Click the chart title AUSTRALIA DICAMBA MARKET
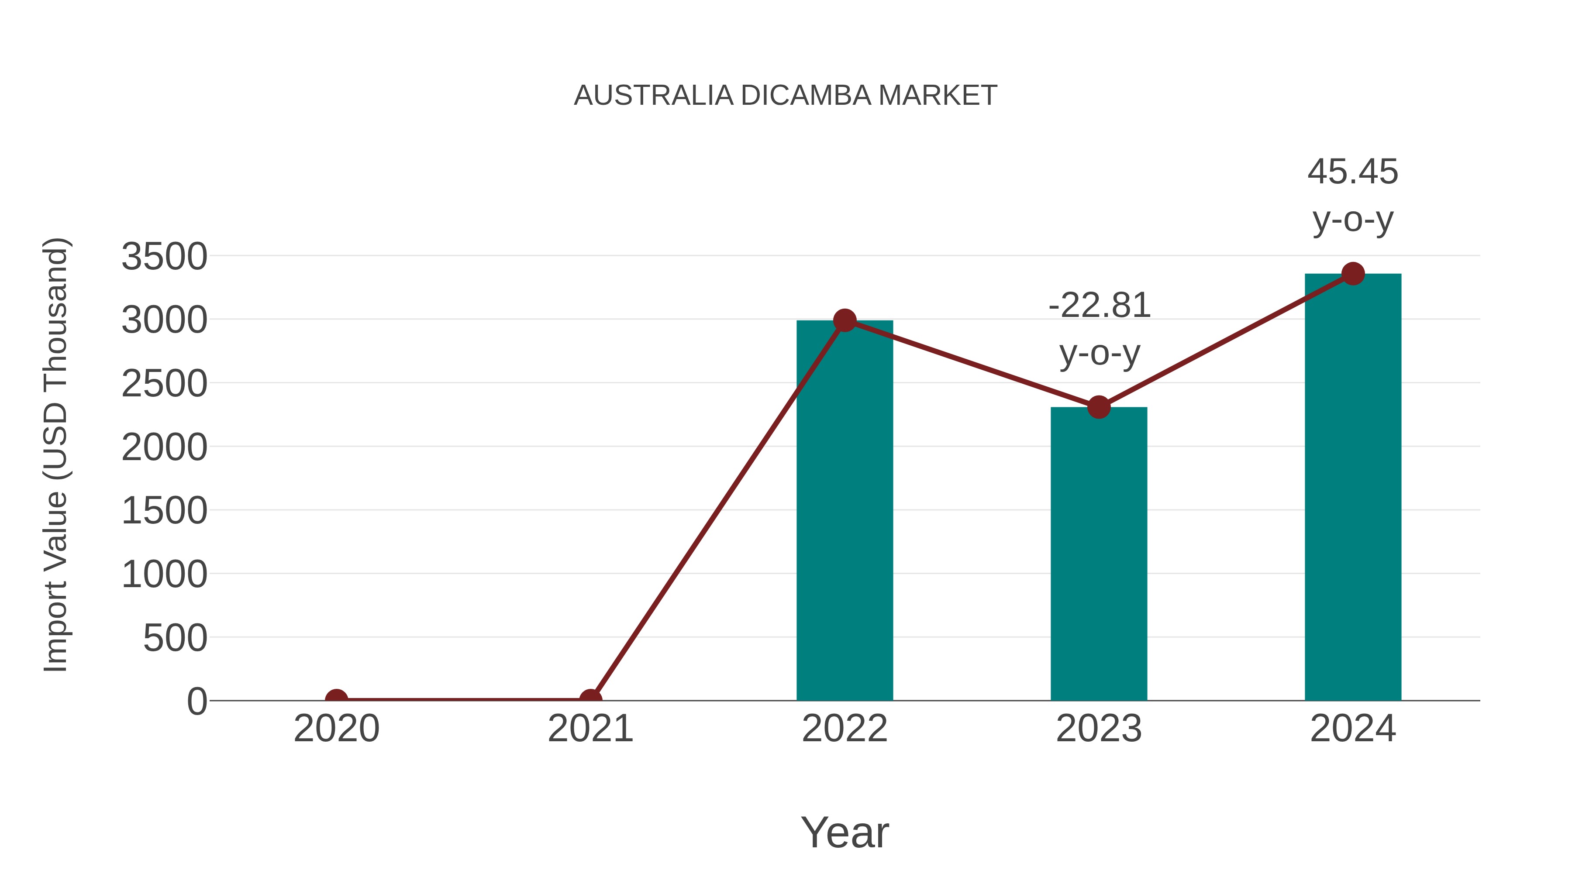point(786,96)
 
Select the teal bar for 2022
point(845,519)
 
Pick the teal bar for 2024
point(1353,488)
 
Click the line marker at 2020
point(336,699)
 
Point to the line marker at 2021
point(590,699)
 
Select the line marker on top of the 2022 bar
point(845,320)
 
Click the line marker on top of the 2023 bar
point(1099,407)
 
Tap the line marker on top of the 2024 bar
point(1353,274)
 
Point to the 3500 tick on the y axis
point(164,257)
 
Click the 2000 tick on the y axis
point(164,448)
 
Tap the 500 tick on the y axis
point(175,639)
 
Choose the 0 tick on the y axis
point(197,702)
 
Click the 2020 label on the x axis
point(336,729)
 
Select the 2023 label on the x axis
point(1099,729)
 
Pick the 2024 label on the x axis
point(1353,729)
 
